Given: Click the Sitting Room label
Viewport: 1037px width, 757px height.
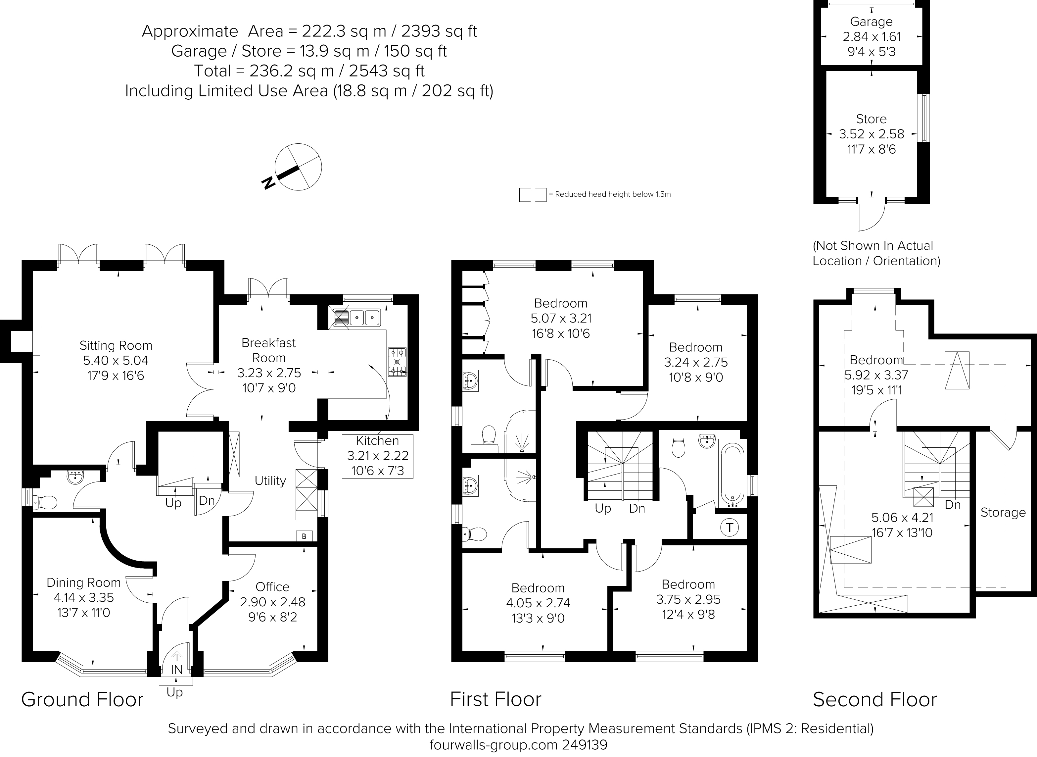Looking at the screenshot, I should pos(116,345).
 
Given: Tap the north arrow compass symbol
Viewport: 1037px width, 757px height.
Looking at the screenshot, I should pos(298,168).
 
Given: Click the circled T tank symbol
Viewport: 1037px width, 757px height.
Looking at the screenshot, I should pos(729,528).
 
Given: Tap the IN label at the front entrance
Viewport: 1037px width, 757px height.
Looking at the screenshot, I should pos(177,670).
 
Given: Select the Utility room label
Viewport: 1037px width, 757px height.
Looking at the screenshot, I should pos(270,481).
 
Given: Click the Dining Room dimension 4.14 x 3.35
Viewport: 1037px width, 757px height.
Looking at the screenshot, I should pos(83,597).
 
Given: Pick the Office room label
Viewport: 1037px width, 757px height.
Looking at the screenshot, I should pos(272,587).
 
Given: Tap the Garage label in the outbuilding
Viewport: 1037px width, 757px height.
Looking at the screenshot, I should pos(871,22).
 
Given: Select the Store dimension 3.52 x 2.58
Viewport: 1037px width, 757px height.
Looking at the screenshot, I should pos(871,134).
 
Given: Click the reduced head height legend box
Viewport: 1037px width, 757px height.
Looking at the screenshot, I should pos(532,195).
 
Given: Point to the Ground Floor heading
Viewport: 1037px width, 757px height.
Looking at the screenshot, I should pos(82,700).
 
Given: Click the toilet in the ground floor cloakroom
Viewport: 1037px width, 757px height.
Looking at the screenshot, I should pos(46,502).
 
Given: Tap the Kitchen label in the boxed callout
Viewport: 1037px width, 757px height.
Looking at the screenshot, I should pos(377,441).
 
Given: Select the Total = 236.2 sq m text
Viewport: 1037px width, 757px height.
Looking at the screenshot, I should pos(309,71).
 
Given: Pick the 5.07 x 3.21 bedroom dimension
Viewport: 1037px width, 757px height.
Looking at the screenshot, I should pos(561,319).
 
